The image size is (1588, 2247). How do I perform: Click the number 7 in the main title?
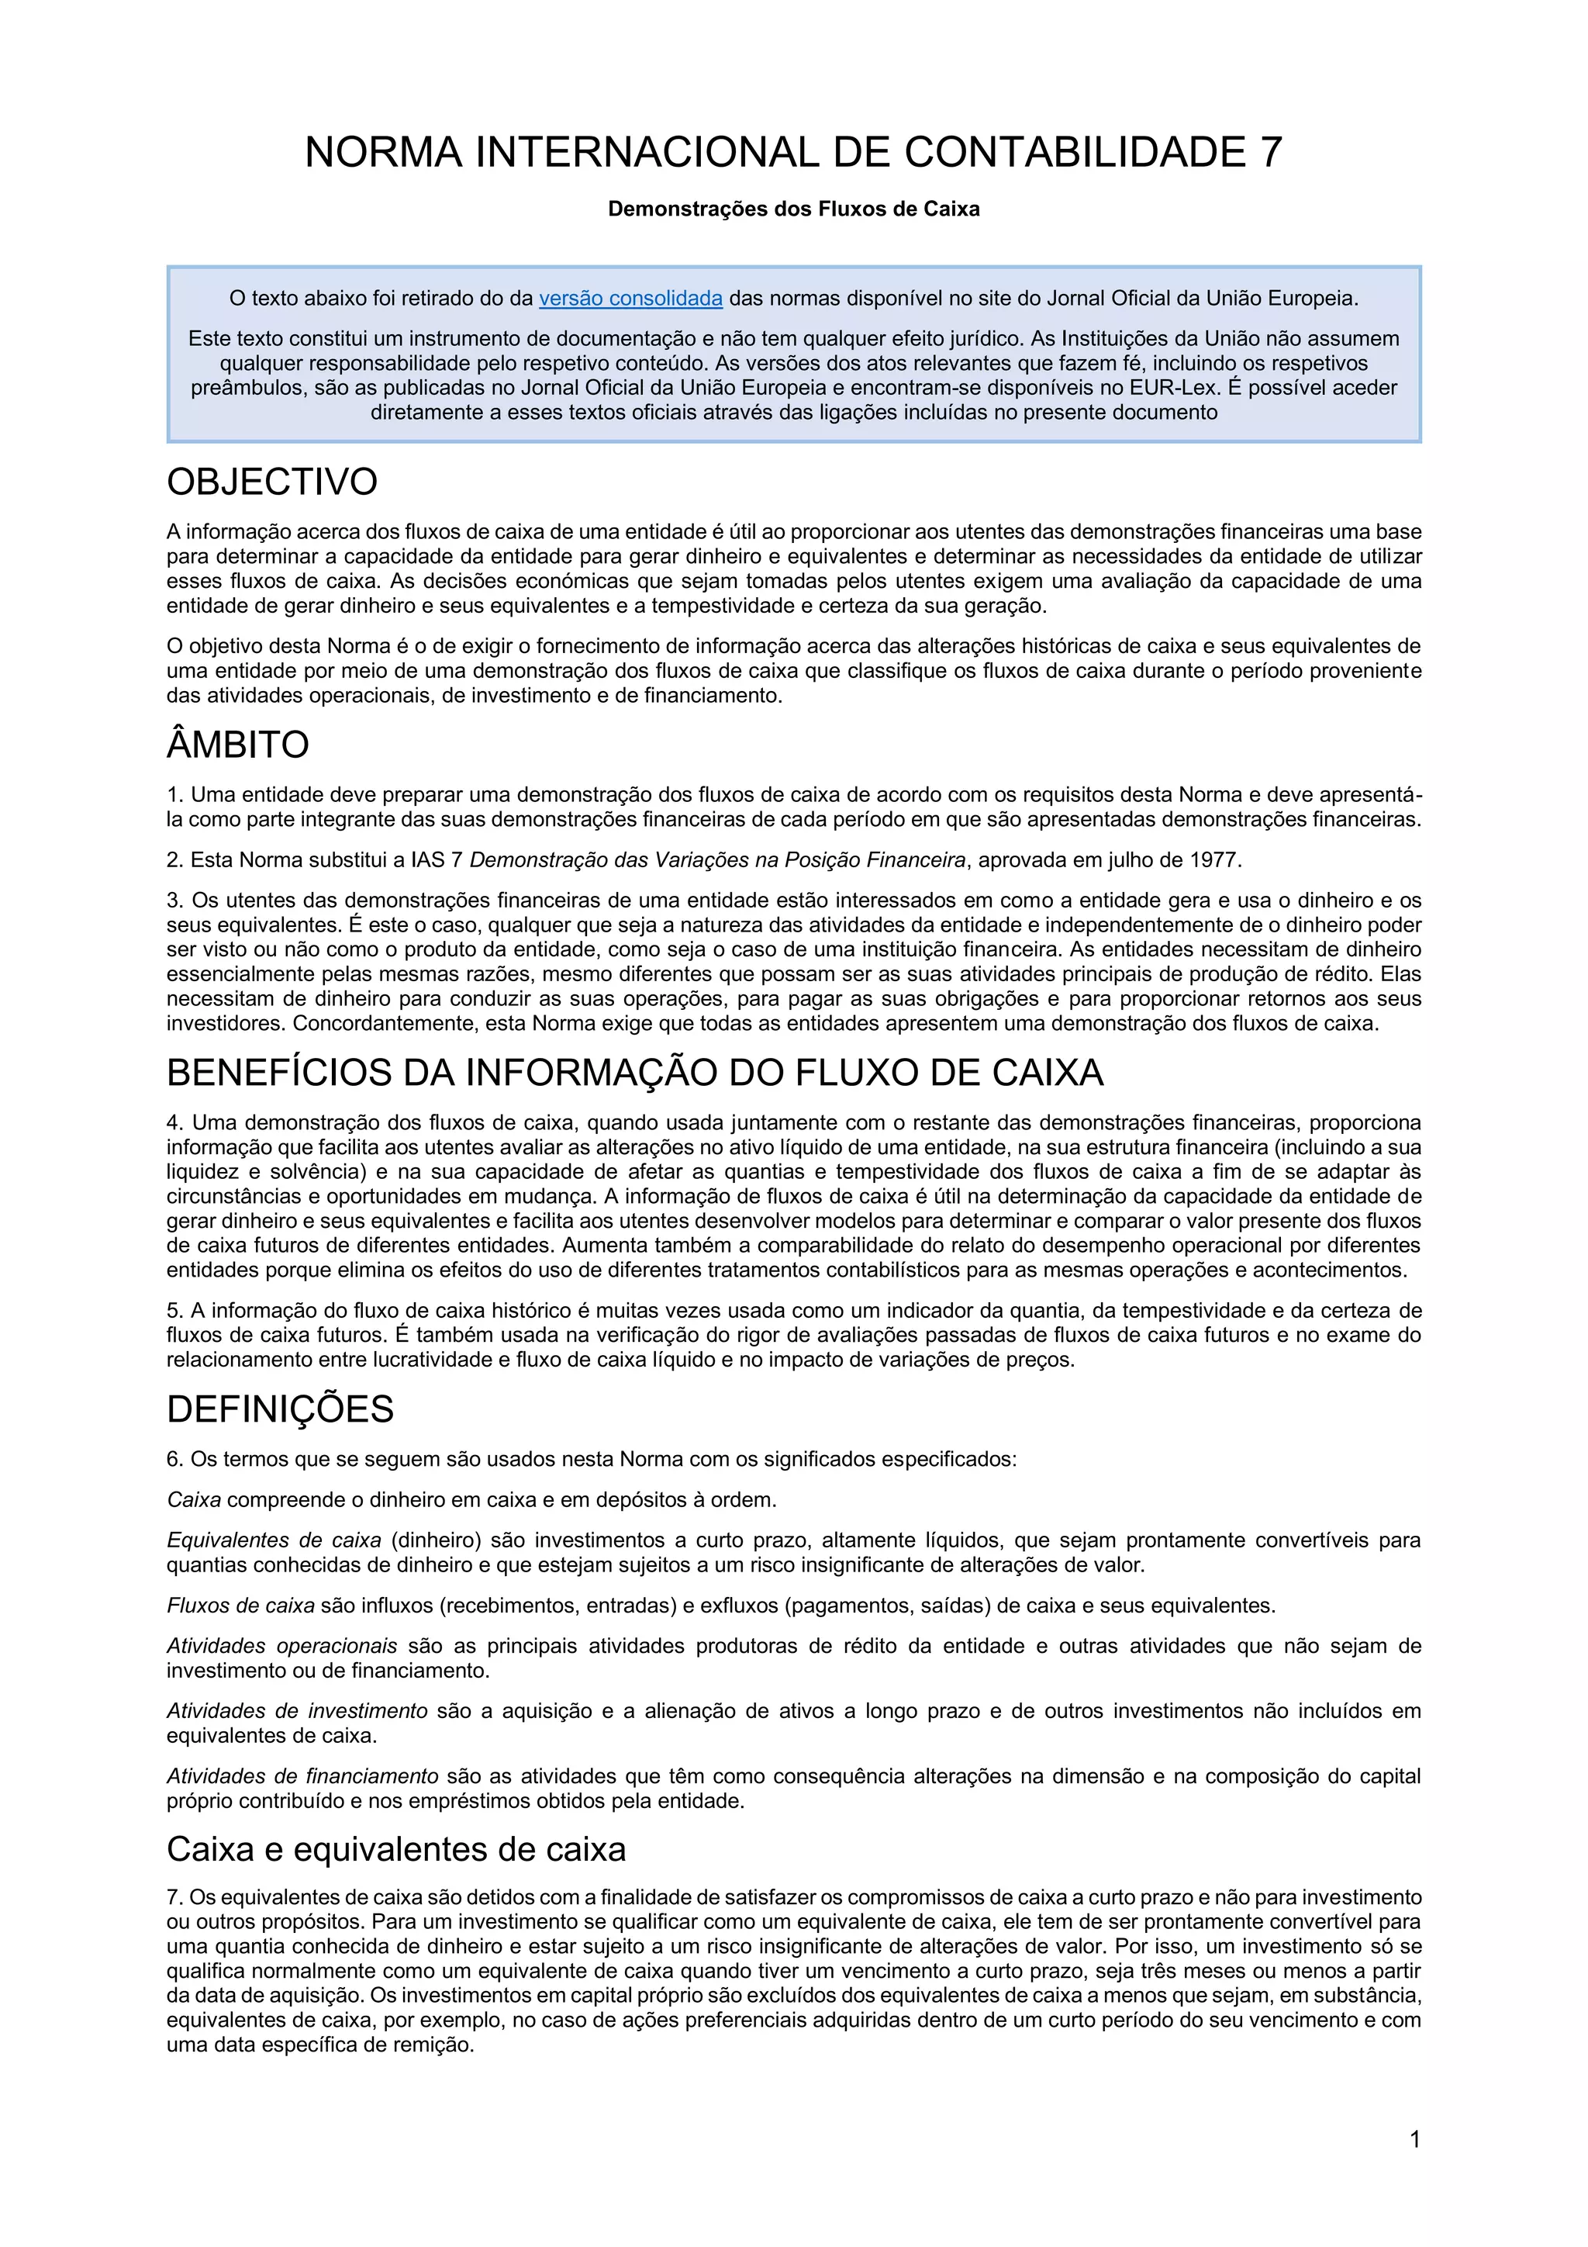click(x=1269, y=153)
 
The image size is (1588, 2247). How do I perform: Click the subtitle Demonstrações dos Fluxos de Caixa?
click(x=793, y=209)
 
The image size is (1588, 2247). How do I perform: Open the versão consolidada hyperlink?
click(x=630, y=299)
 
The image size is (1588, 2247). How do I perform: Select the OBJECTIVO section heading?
click(x=272, y=482)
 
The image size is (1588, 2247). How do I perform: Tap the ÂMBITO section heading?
click(x=238, y=745)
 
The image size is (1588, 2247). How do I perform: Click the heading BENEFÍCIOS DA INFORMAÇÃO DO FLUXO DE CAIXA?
click(x=635, y=1073)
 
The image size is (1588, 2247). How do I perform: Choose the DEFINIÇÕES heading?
click(x=280, y=1409)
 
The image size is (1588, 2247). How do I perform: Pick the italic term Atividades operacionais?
click(x=281, y=1646)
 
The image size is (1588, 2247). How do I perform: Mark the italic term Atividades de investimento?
click(x=296, y=1712)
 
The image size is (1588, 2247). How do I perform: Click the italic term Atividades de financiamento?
click(x=302, y=1776)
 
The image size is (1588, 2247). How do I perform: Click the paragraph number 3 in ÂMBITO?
click(x=173, y=901)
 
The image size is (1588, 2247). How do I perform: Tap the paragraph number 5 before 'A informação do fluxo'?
click(x=173, y=1310)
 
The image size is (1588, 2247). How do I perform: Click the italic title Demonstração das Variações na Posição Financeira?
click(x=717, y=860)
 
